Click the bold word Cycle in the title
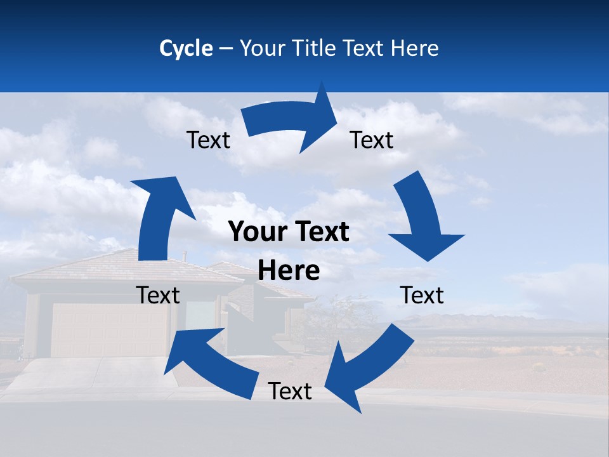(x=186, y=48)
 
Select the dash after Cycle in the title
(x=226, y=49)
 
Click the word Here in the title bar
(x=415, y=48)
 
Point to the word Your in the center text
(x=255, y=232)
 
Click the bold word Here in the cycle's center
(x=289, y=271)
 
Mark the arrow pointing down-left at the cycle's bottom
(x=368, y=368)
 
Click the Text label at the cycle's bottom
(x=290, y=392)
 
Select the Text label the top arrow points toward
(x=372, y=140)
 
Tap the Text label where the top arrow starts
(x=208, y=140)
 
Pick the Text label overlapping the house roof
(x=158, y=295)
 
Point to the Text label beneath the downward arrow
(x=422, y=295)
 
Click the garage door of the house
(x=108, y=330)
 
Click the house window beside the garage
(x=200, y=314)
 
